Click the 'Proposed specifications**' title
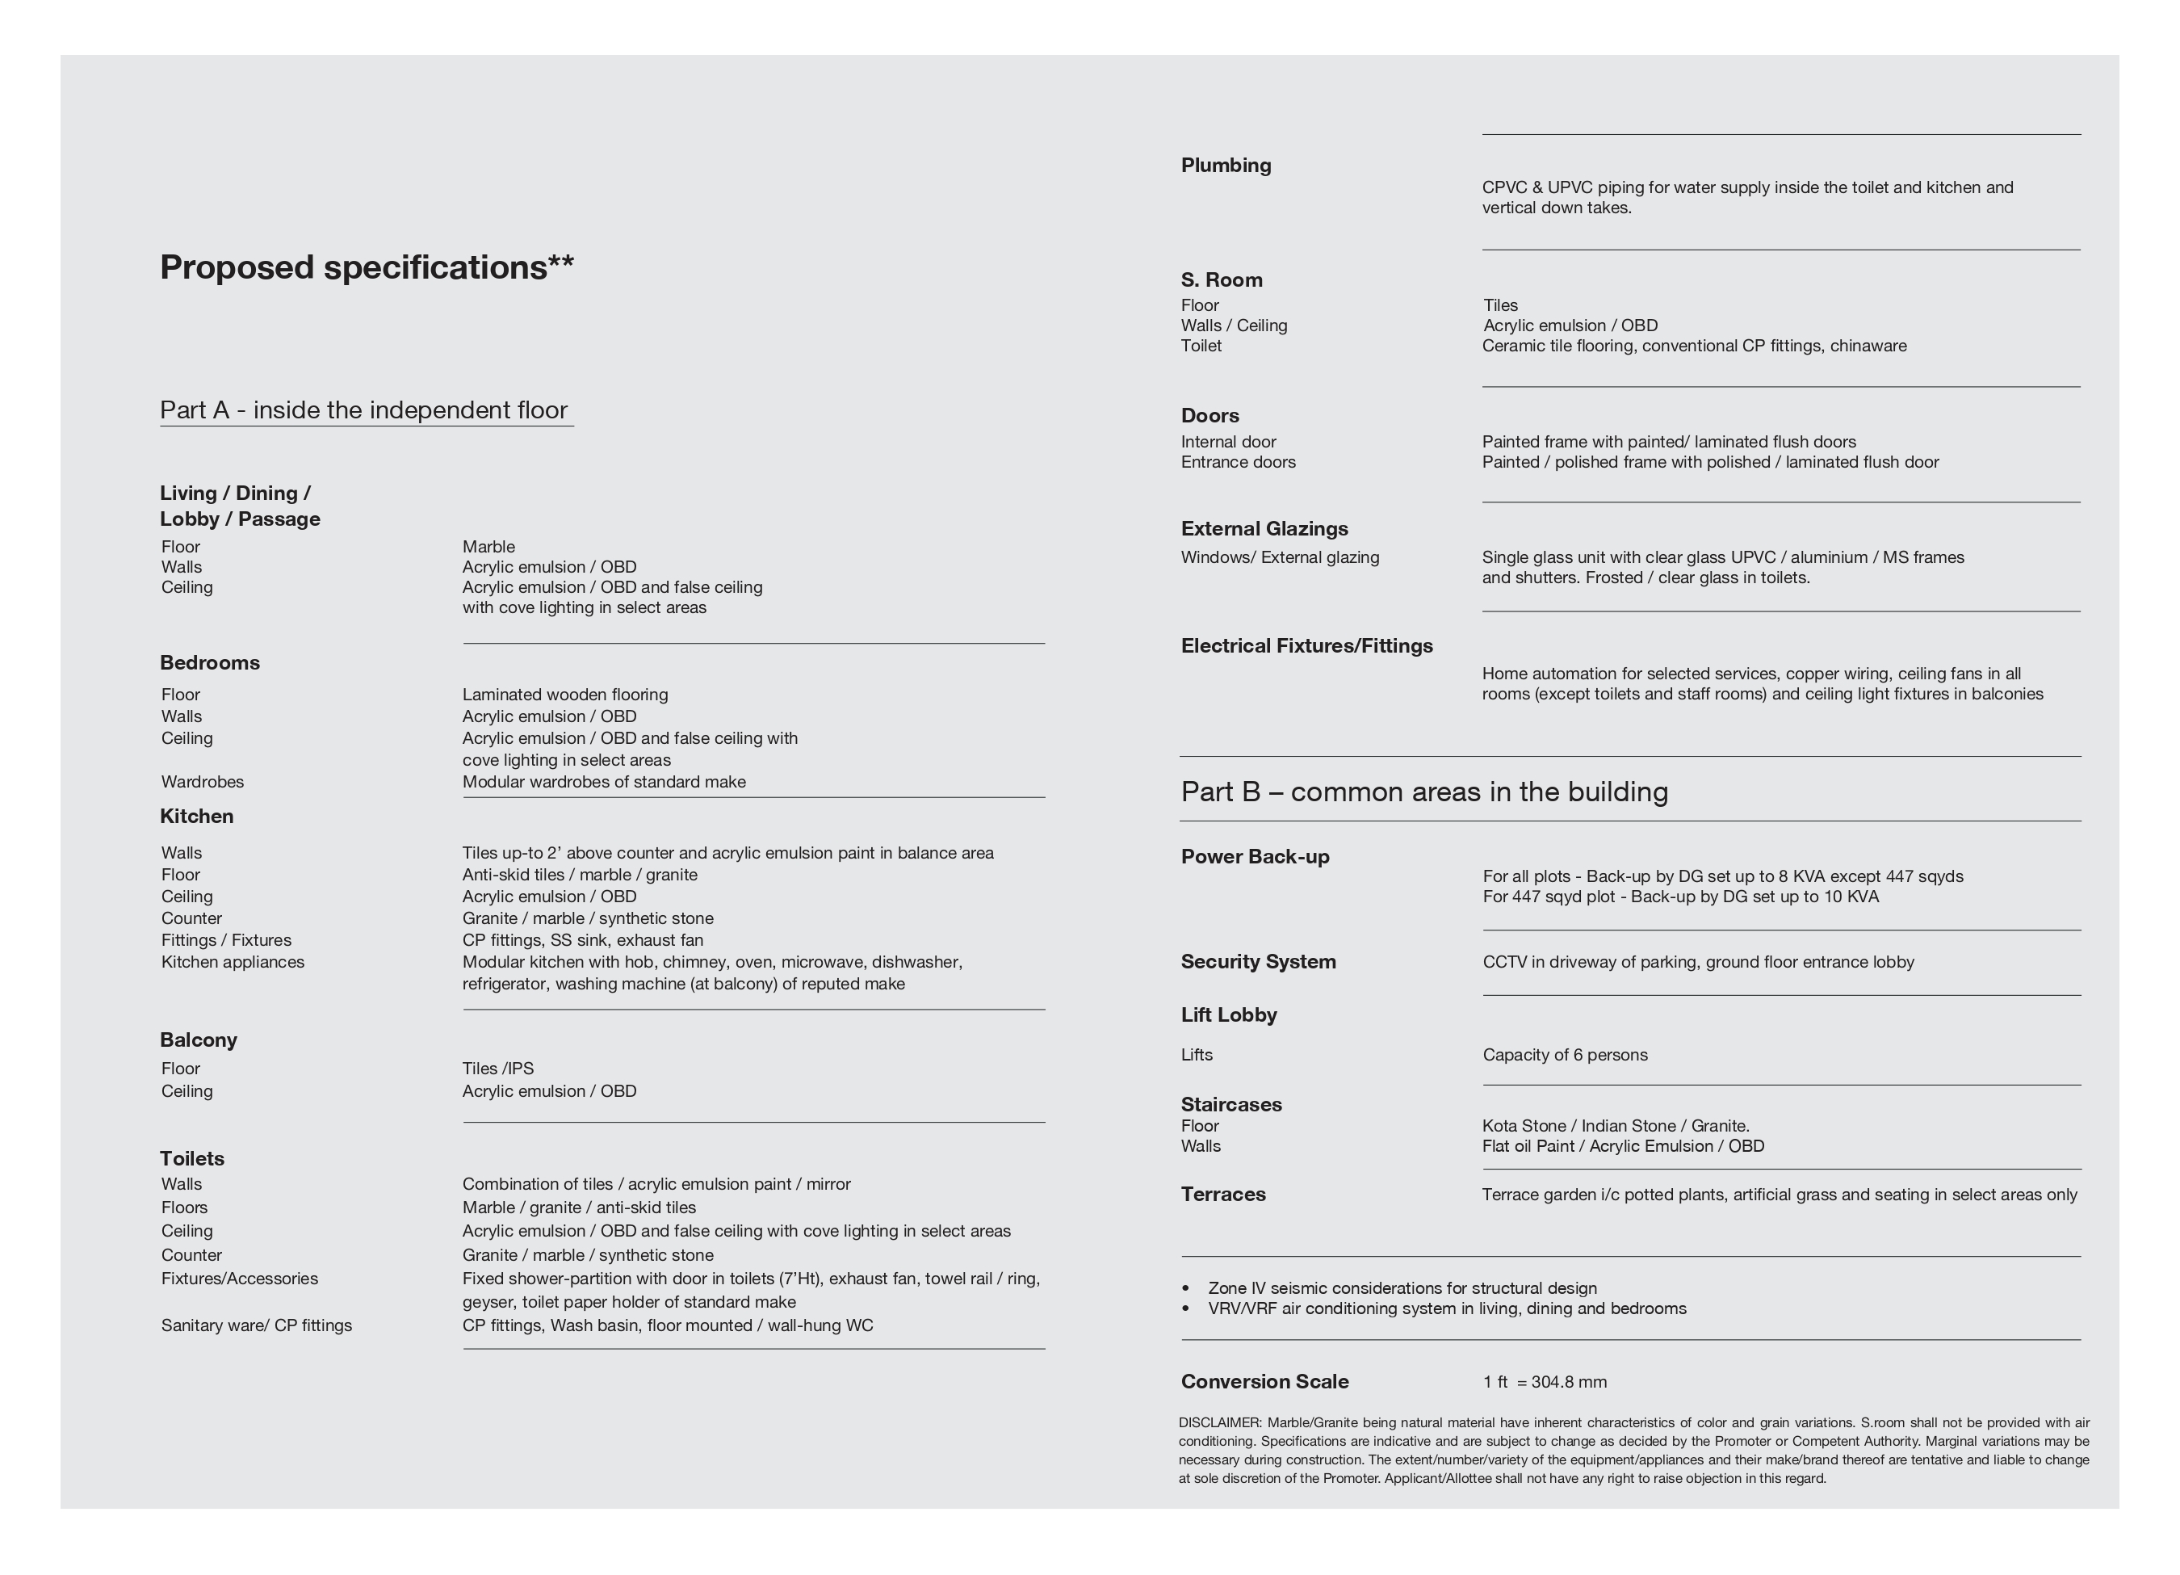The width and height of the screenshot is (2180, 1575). (x=367, y=267)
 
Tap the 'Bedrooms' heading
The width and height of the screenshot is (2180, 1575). (x=210, y=662)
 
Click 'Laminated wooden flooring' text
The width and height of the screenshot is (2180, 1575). (x=565, y=695)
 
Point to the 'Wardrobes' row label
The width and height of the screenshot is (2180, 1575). (x=203, y=782)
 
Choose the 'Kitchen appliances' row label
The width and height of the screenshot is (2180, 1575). (x=233, y=961)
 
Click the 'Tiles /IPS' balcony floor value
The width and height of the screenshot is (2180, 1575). (x=498, y=1069)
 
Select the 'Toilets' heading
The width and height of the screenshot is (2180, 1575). (x=192, y=1159)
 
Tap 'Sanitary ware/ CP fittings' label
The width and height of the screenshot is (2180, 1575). (x=257, y=1325)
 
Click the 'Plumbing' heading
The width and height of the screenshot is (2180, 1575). (x=1226, y=166)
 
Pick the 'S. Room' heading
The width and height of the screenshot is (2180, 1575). (x=1222, y=279)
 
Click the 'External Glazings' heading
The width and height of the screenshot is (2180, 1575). (x=1264, y=529)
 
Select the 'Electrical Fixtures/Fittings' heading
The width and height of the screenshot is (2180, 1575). (x=1306, y=646)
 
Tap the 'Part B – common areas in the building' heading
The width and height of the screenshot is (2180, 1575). (x=1423, y=792)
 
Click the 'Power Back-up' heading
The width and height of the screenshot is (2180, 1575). (x=1255, y=857)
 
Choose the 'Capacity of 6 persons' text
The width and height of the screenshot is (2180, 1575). (x=1565, y=1055)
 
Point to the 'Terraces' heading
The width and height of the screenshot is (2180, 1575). (x=1222, y=1195)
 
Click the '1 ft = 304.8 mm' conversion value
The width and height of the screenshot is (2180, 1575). (x=1544, y=1382)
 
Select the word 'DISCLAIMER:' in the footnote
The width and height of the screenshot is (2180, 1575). (x=1220, y=1422)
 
